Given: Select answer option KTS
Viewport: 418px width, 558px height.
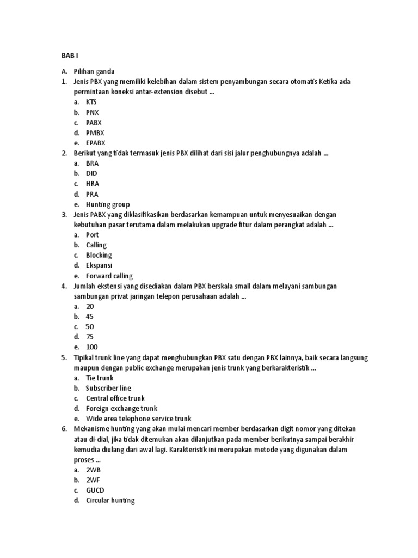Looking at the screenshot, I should [x=91, y=102].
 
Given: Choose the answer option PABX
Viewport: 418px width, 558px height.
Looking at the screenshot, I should [x=94, y=123].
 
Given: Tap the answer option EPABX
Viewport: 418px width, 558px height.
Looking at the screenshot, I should [x=96, y=143].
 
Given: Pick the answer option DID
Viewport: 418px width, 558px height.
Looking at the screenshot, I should [x=91, y=173].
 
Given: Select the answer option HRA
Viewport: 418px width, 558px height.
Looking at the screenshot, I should [x=93, y=184].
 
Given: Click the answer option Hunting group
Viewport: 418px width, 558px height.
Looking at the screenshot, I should [x=108, y=204].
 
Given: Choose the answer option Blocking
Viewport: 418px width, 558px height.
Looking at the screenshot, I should [x=99, y=255].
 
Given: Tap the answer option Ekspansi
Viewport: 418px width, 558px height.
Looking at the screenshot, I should [x=99, y=265].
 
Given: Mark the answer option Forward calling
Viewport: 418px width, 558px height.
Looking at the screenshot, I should [x=109, y=276].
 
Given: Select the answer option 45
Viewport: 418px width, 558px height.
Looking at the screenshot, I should [x=90, y=317].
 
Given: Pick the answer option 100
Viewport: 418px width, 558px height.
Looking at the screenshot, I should [x=91, y=347].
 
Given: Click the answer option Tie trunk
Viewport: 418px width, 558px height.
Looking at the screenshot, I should [x=100, y=378].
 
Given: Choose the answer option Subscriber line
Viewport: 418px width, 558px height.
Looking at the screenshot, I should [x=108, y=388].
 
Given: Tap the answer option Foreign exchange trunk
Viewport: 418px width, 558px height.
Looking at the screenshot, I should [x=121, y=408].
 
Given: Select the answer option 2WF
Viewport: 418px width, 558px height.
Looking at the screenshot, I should [x=93, y=480].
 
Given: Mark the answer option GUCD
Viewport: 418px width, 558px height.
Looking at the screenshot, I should [x=95, y=490].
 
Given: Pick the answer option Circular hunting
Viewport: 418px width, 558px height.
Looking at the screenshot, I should [x=110, y=500].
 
